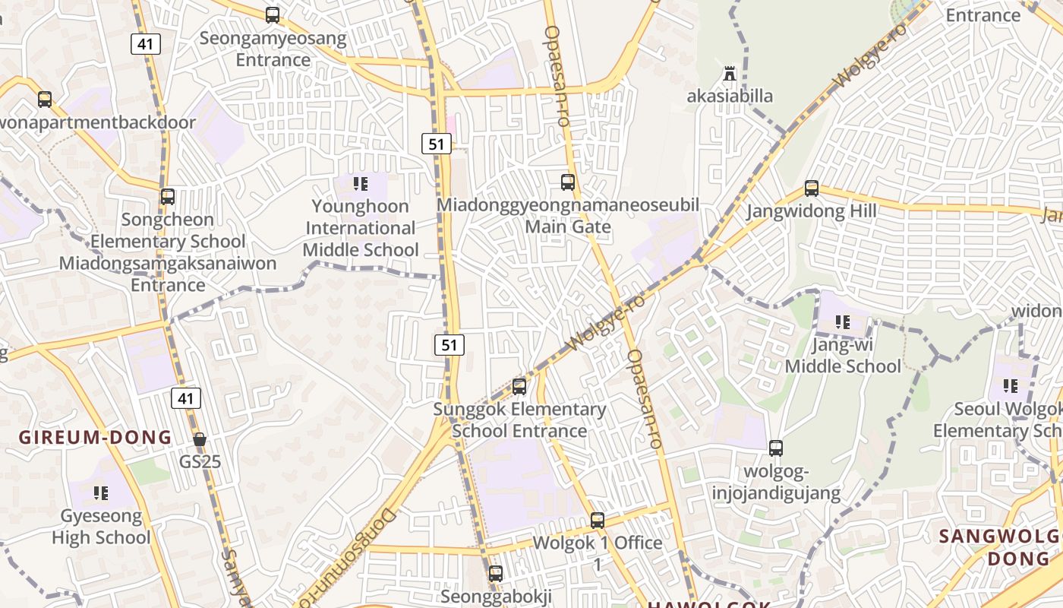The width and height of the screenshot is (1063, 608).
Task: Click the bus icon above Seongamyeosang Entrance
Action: click(x=273, y=14)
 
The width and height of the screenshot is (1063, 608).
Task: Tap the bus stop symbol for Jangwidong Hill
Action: click(x=812, y=188)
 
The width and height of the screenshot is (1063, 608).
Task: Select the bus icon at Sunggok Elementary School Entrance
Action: click(x=519, y=387)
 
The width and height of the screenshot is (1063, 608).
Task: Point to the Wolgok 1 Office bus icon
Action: click(x=598, y=521)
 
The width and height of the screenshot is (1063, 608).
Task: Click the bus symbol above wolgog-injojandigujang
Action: click(x=776, y=448)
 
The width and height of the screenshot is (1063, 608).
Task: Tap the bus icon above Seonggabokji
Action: click(x=496, y=574)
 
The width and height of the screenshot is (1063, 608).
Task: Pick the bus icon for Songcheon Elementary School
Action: click(x=168, y=197)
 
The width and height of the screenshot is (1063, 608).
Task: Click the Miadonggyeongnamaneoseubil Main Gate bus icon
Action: click(x=568, y=182)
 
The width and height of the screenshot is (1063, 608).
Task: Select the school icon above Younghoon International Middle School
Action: click(x=361, y=183)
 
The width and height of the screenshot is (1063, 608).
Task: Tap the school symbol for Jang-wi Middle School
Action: click(x=842, y=322)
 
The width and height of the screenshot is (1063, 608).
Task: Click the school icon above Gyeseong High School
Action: click(x=101, y=493)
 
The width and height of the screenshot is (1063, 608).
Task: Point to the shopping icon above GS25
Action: click(x=200, y=439)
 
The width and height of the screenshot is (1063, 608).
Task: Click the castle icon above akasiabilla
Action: click(x=730, y=74)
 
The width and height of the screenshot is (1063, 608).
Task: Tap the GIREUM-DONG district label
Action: click(x=96, y=438)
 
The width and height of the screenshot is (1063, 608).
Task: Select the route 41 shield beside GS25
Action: click(x=186, y=397)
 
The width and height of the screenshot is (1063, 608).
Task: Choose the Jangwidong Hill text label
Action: click(x=811, y=211)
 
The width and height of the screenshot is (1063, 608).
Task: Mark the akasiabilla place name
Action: click(x=730, y=96)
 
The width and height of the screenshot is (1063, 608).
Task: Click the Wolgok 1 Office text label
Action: click(x=598, y=543)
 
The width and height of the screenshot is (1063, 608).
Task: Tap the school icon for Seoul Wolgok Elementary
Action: click(x=1011, y=386)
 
